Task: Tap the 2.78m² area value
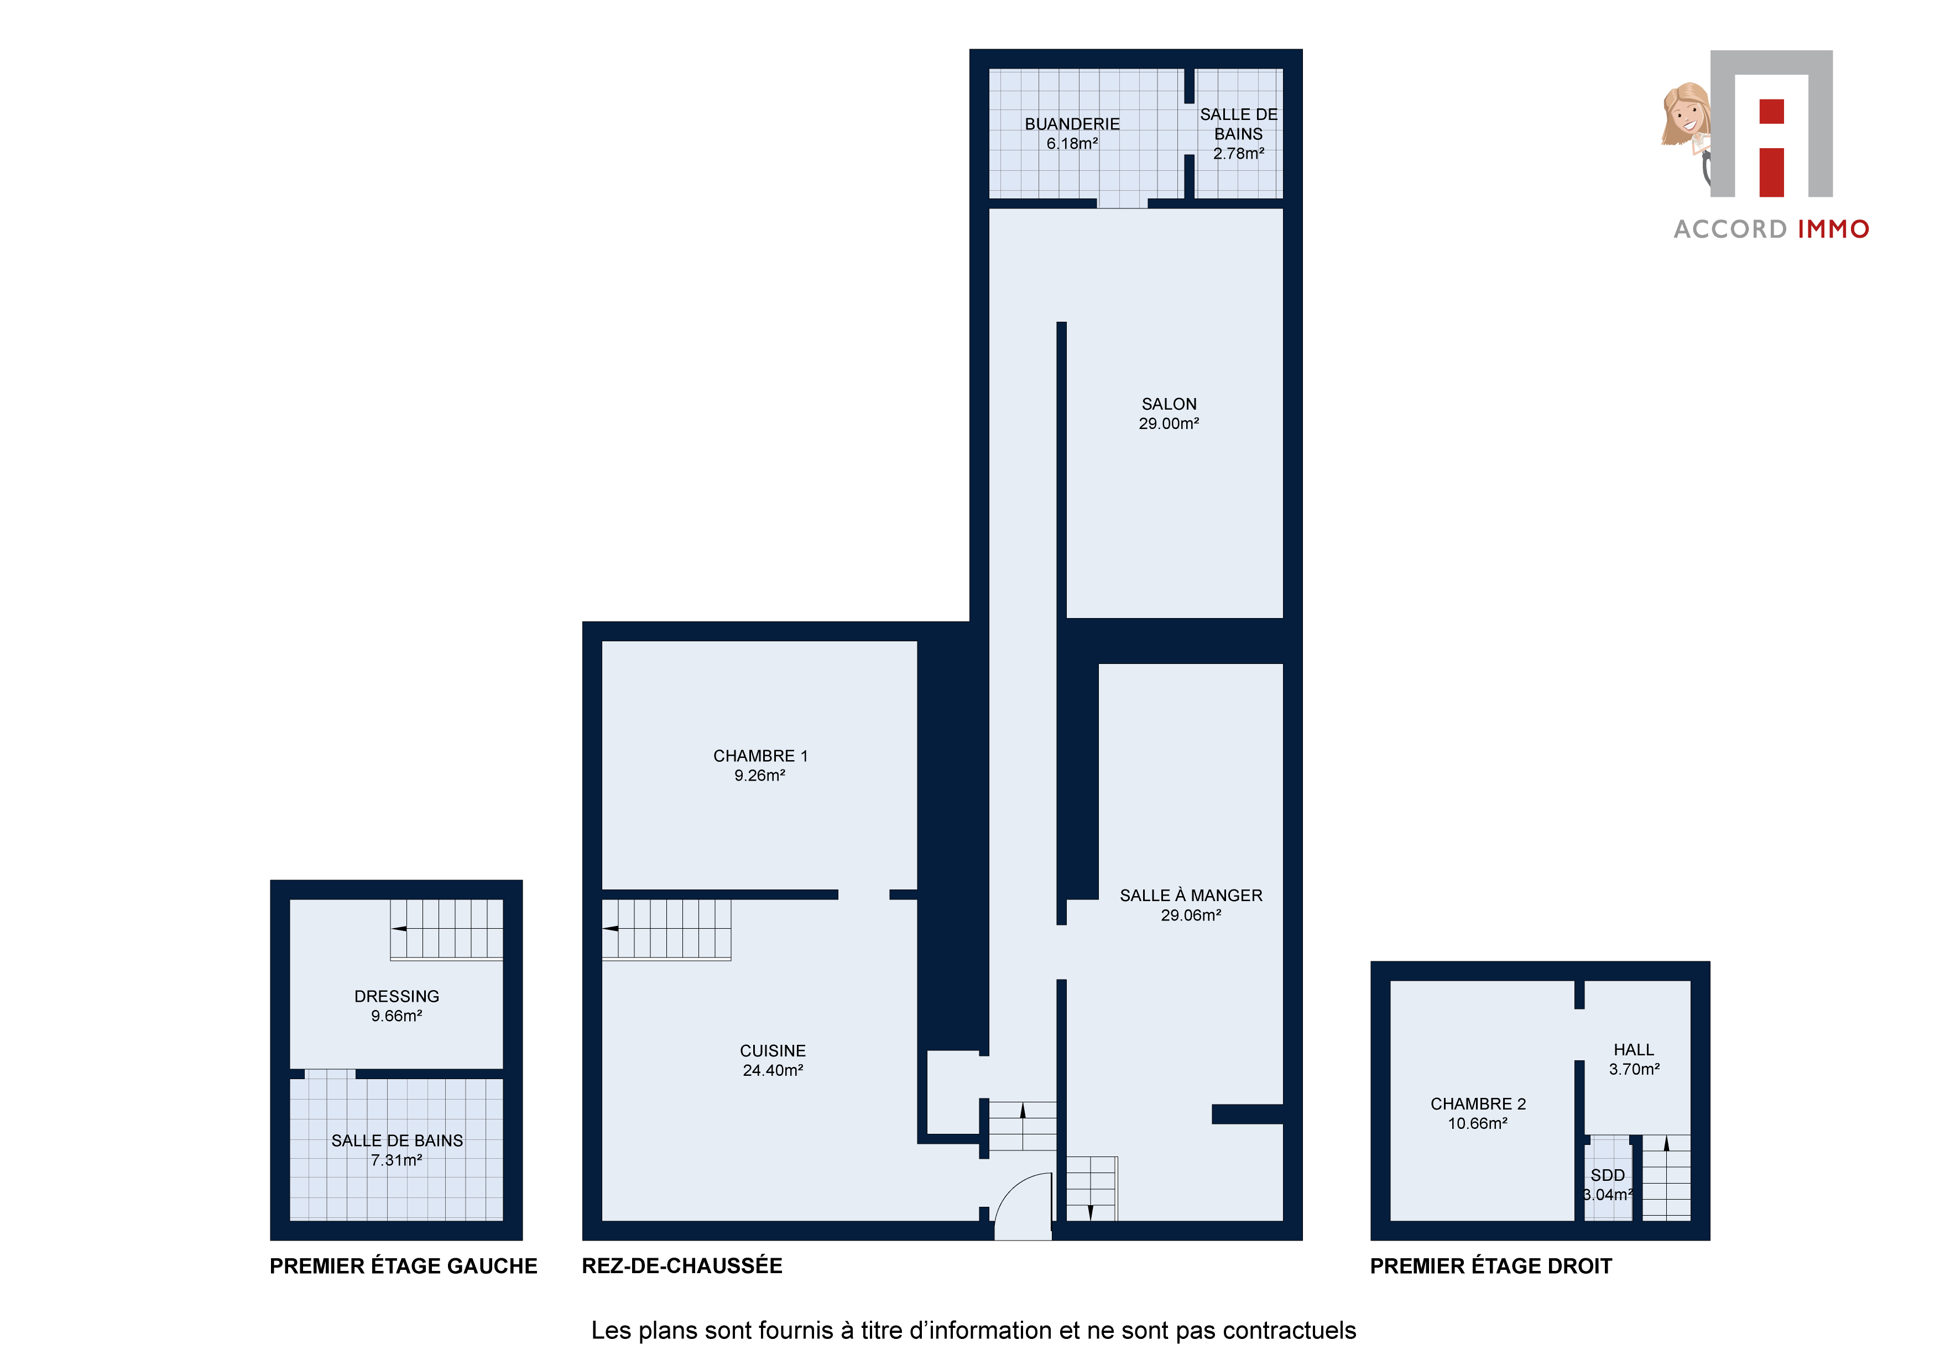(x=1239, y=154)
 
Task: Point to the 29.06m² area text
(x=1191, y=915)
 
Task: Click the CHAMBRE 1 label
(x=760, y=756)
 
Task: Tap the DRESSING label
(x=397, y=997)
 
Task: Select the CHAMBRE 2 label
(x=1478, y=1104)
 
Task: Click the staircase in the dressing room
(x=446, y=930)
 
